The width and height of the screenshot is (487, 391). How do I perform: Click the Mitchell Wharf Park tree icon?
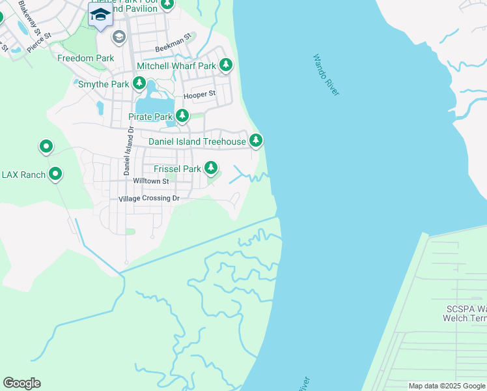click(226, 65)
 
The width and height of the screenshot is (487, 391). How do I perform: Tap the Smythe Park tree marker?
click(139, 83)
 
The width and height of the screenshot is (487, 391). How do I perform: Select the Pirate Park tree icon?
click(182, 116)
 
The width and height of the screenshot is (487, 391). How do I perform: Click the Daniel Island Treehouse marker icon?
click(256, 140)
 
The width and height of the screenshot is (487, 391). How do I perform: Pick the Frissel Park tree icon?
click(211, 168)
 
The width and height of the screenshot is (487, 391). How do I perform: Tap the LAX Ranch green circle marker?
click(55, 174)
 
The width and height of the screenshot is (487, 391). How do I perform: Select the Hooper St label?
click(199, 95)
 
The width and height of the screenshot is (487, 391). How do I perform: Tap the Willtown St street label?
click(150, 181)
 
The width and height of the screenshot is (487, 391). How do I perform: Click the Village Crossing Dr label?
click(148, 198)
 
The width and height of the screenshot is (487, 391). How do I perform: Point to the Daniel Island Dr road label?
click(128, 151)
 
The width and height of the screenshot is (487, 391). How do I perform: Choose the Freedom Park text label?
click(86, 58)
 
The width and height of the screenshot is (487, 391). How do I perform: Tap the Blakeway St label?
click(30, 18)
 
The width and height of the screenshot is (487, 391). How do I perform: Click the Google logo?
click(21, 383)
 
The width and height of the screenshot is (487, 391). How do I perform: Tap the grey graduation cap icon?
click(118, 36)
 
